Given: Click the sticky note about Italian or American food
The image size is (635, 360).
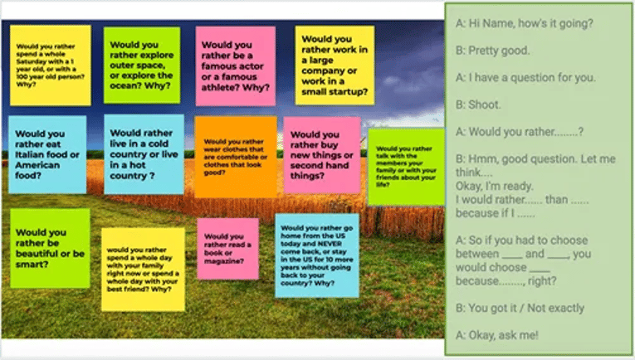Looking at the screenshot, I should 46,153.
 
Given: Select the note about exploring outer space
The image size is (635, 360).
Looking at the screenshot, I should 142,65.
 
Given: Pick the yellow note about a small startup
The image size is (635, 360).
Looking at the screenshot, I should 335,65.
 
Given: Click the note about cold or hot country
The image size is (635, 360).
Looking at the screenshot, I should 144,153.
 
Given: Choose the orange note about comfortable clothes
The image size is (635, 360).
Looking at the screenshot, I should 235,157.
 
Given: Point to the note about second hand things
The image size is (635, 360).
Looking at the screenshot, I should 322,154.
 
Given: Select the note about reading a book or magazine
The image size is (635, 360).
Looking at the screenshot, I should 227,249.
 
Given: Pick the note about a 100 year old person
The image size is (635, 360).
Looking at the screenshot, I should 50,65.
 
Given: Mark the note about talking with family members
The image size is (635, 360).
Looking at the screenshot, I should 406,166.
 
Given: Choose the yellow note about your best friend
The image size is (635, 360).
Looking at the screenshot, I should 143,268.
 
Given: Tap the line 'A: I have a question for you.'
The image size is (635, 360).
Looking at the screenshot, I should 525,78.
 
